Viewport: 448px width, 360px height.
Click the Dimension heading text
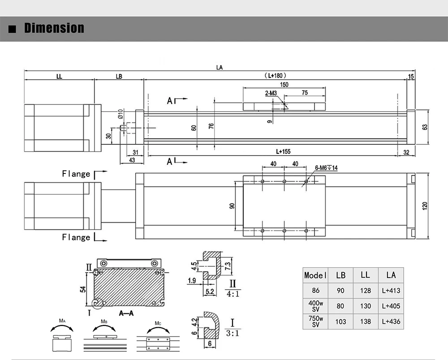[x=54, y=28]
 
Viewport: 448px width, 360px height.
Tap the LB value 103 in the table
[x=340, y=321]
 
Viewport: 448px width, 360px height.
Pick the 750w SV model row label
[x=315, y=321]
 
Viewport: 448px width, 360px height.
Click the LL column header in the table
[x=365, y=275]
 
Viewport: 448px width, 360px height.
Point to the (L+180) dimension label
[x=275, y=76]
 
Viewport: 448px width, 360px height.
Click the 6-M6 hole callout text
[x=326, y=168]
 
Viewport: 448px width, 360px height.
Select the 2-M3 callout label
[x=271, y=93]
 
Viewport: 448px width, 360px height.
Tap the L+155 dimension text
[x=283, y=152]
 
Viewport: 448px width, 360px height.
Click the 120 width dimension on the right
[x=425, y=206]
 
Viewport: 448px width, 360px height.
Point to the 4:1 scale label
[x=233, y=295]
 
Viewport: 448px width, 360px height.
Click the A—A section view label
[x=126, y=313]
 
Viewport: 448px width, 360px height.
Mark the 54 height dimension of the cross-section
[x=82, y=289]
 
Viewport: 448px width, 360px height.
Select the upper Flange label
[x=76, y=174]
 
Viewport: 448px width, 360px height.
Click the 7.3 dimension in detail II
[x=228, y=265]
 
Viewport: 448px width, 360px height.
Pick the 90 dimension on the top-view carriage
[x=232, y=206]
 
